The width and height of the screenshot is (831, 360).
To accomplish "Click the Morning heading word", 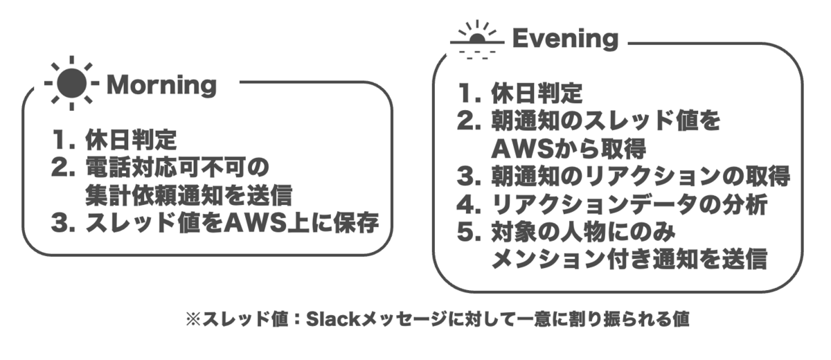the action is [x=162, y=86].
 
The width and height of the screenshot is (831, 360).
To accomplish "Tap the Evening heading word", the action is [x=564, y=39].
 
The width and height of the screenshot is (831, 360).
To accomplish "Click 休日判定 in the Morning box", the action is [x=131, y=141].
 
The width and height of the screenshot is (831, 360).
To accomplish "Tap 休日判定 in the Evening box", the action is [x=537, y=93].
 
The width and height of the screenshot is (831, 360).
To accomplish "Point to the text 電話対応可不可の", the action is [x=176, y=168].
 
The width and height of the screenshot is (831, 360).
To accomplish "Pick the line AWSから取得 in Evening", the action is [x=569, y=148].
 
